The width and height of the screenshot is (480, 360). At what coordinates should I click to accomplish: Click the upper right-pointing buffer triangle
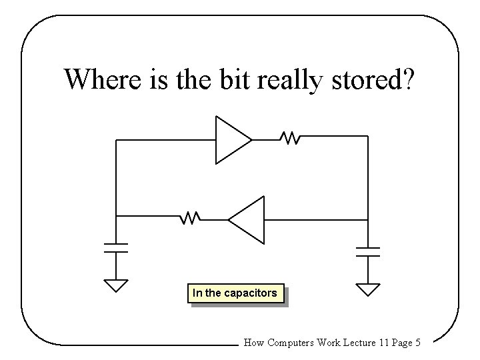click(231, 139)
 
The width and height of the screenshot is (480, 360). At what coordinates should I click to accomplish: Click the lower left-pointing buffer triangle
click(248, 219)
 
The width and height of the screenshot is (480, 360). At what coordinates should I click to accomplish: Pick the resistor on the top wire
click(290, 139)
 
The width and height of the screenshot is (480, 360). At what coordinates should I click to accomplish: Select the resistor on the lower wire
click(191, 217)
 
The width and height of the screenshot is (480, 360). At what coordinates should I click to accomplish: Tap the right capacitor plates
click(367, 251)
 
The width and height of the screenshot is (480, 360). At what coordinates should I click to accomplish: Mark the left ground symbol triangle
click(116, 286)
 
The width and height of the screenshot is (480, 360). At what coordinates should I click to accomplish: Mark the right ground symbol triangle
click(367, 289)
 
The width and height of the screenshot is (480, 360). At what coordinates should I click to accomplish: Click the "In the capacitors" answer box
click(235, 293)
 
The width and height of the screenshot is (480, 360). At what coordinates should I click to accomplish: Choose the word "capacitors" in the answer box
click(252, 293)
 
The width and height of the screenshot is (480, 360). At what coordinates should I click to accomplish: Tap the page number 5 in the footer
click(417, 343)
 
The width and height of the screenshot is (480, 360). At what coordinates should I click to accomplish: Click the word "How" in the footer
click(254, 343)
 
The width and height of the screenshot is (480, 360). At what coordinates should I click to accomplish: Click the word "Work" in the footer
click(328, 343)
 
